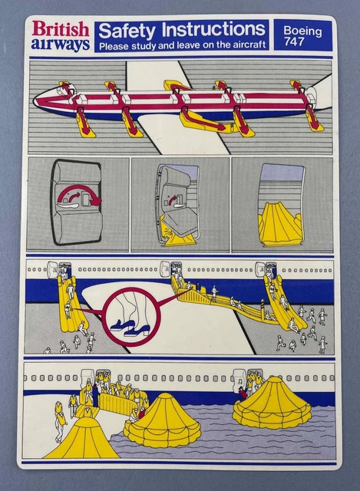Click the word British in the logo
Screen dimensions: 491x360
(61, 30)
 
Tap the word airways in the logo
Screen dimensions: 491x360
(61, 44)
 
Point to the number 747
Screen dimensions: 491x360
(294, 42)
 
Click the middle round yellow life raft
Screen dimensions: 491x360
(163, 422)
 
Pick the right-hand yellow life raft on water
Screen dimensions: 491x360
(272, 404)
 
